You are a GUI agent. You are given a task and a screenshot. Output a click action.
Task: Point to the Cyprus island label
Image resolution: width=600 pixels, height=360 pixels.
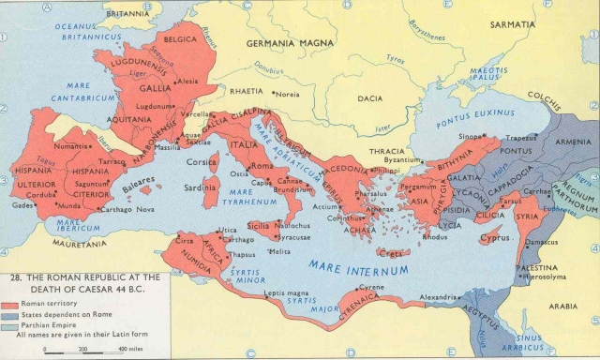[493, 237]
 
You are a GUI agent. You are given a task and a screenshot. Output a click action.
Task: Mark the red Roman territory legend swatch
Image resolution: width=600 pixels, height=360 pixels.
[13, 306]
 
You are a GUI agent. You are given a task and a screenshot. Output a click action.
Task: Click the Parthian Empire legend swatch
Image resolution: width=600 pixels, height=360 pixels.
[13, 326]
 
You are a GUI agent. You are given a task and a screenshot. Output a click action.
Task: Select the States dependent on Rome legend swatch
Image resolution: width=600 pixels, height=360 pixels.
[13, 316]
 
